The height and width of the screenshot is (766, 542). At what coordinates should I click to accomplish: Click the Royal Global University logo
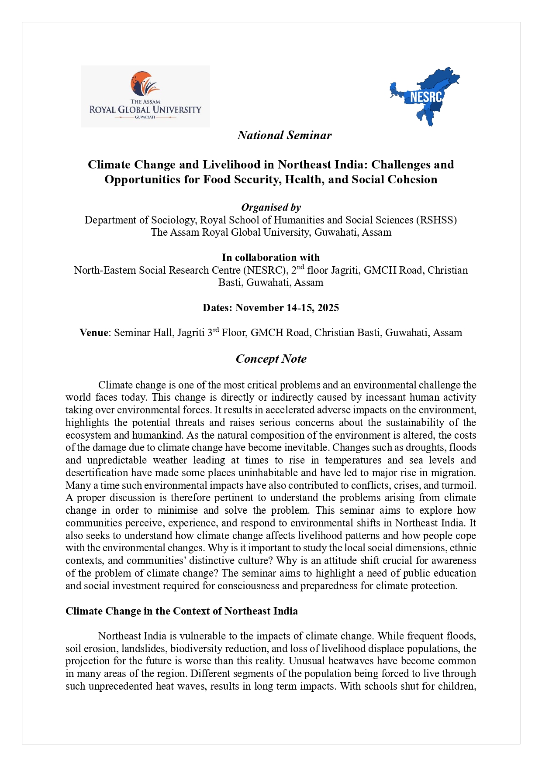tap(145, 96)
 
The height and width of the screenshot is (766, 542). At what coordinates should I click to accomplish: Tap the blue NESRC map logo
tap(425, 96)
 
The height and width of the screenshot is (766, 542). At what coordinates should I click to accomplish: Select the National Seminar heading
tap(284, 135)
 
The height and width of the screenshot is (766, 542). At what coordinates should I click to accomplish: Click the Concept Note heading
tap(271, 359)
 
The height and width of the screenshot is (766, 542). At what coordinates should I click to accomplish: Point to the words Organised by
tap(271, 207)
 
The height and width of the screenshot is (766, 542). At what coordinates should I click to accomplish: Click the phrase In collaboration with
tap(271, 258)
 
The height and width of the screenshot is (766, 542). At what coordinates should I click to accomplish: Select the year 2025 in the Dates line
tap(328, 308)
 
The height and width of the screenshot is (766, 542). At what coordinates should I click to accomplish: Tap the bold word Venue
tap(93, 333)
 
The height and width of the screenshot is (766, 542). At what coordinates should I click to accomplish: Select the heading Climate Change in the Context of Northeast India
tap(182, 611)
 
